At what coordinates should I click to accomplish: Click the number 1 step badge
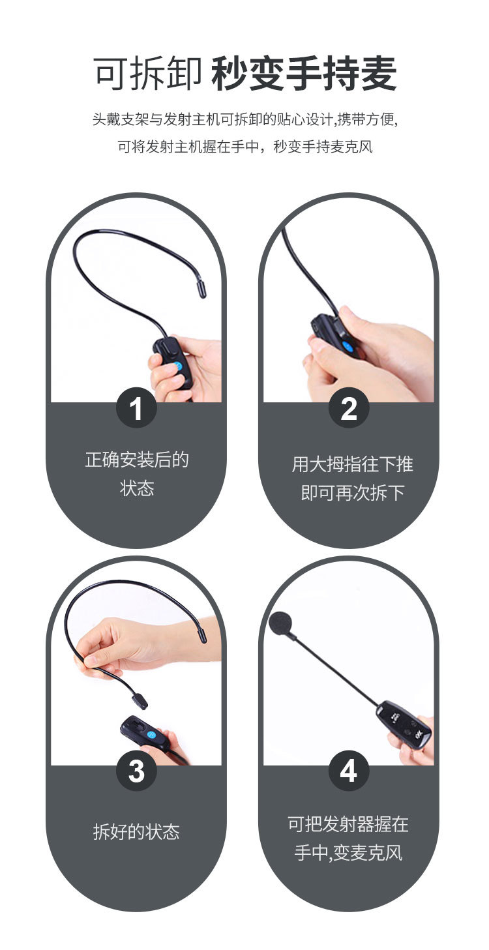coord(136,408)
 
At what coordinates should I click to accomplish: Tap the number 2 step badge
coord(349,408)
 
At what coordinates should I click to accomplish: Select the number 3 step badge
coord(136,771)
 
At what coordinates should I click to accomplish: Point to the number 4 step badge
coord(349,771)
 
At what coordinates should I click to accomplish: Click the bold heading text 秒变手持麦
coord(304,74)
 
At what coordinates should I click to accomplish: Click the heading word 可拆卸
coord(148,74)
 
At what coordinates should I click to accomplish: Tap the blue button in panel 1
coord(177,366)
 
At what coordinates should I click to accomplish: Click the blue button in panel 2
coord(348,347)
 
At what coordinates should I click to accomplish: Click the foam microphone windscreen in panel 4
coord(280,624)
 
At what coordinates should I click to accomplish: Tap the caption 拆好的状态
coord(136,832)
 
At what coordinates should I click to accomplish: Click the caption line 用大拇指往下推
coord(352,464)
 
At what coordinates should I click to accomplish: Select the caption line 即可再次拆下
coord(353,493)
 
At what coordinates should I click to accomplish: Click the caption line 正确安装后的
coord(136,460)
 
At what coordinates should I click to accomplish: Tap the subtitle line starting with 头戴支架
coord(245,119)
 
